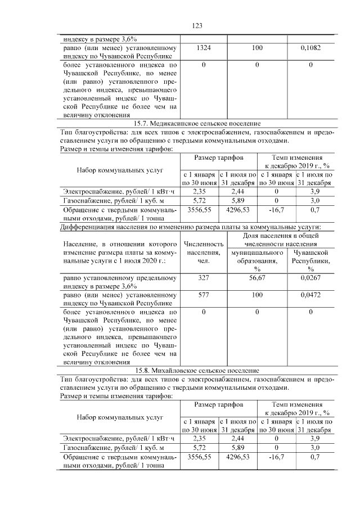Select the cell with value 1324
coord(205,49)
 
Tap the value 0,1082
coord(310,49)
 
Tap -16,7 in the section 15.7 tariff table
coord(276,210)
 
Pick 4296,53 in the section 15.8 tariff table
coord(238,458)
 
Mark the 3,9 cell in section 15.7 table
coord(315,190)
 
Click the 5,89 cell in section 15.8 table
coord(238,448)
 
